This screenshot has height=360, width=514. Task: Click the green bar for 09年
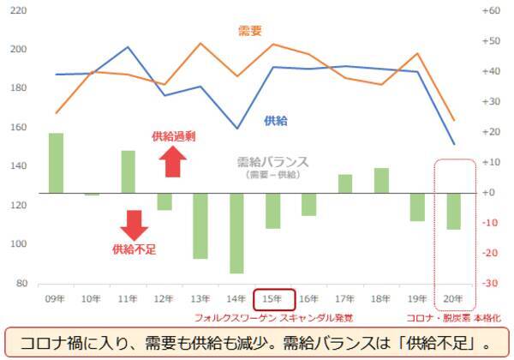pyautogui.click(x=56, y=163)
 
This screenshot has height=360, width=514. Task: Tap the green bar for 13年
pyautogui.click(x=199, y=225)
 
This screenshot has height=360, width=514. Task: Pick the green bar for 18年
pyautogui.click(x=381, y=181)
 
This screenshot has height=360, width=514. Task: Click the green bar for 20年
pyautogui.click(x=454, y=211)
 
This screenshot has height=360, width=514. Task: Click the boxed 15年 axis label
pyautogui.click(x=274, y=299)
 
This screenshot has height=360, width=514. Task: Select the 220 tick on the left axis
pyautogui.click(x=17, y=11)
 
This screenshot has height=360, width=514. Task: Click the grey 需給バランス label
pyautogui.click(x=272, y=161)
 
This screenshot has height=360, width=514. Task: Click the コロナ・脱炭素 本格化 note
pyautogui.click(x=454, y=317)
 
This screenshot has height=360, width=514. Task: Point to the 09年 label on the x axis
pyautogui.click(x=56, y=299)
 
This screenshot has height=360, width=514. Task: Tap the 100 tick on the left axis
pyautogui.click(x=17, y=244)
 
